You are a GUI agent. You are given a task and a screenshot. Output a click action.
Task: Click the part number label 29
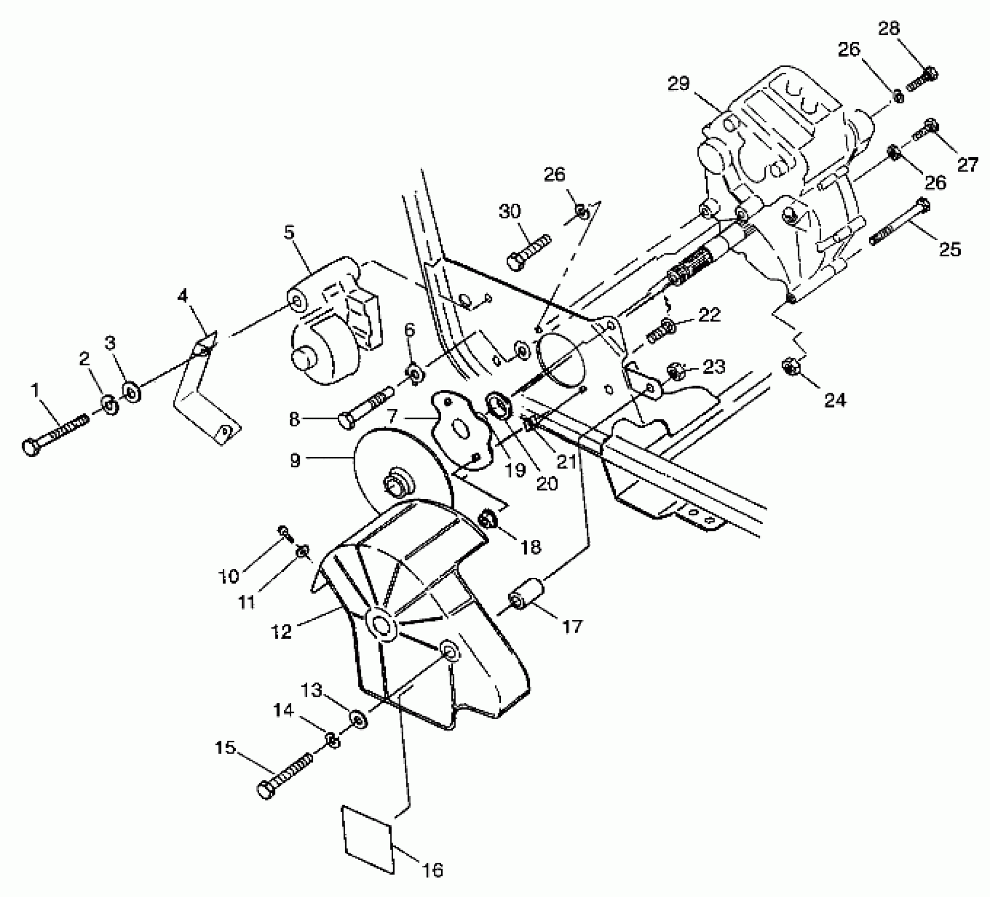click(679, 84)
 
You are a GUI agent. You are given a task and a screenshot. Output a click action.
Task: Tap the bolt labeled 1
click(55, 434)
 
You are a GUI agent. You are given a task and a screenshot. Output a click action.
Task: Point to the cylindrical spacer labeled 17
click(527, 594)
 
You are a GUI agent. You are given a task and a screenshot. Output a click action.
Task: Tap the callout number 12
click(282, 631)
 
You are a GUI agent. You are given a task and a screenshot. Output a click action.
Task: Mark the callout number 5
click(289, 232)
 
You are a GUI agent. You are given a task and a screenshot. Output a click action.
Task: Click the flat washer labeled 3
click(130, 393)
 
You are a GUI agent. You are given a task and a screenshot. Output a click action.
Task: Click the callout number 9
click(296, 460)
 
